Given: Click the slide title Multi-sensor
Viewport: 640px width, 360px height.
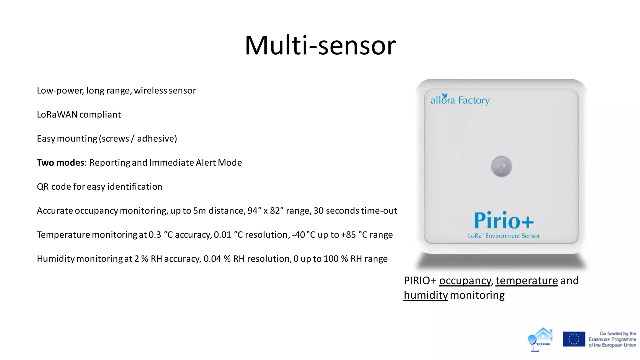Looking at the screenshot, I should [320, 45].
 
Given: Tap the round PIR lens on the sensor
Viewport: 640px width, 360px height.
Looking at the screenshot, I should [501, 166].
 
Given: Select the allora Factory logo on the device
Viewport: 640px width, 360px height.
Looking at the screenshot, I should [460, 100].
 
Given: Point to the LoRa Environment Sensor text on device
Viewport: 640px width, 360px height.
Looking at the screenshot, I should [504, 236].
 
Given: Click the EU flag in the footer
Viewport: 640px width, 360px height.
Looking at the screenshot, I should [573, 339].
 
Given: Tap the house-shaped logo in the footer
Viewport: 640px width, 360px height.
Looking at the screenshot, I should [541, 339].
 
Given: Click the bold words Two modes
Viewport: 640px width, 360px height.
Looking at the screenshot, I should [61, 163].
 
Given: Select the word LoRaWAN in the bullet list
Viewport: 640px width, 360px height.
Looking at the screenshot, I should [57, 115].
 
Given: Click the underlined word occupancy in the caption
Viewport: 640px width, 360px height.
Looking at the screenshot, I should [465, 281].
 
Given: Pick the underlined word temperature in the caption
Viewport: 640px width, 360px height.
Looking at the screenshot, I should [527, 281].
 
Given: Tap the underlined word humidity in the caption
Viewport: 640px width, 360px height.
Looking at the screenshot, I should [426, 295].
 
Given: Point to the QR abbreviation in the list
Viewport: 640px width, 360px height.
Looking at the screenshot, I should [42, 187].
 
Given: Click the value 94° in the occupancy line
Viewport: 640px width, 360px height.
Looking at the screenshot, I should [254, 211].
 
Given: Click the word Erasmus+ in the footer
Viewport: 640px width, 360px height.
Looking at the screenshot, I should [599, 339].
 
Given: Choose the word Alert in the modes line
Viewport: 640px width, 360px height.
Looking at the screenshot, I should [206, 163].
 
